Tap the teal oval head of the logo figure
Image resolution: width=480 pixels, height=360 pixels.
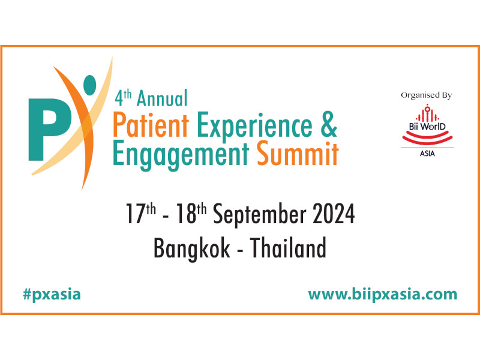[89, 85]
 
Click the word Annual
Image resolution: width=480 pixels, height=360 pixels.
[162, 98]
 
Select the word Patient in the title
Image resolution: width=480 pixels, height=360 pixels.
[151, 125]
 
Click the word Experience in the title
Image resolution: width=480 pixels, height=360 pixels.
[254, 126]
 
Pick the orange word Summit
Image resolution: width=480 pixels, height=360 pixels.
[298, 152]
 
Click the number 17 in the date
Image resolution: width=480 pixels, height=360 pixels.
[135, 214]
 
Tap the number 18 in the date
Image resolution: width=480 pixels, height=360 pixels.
[186, 214]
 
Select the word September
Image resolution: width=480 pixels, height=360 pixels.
[260, 215]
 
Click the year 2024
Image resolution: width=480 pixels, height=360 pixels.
[334, 214]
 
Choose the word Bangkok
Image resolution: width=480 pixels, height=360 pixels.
[191, 248]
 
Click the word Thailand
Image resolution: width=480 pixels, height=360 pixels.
[288, 247]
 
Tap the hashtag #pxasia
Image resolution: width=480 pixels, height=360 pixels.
[52, 295]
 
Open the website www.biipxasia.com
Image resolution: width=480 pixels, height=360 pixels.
[383, 295]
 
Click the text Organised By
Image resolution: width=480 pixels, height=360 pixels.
[427, 95]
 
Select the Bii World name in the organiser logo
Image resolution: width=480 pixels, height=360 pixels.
[427, 127]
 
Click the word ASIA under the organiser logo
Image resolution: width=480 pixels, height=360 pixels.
[427, 154]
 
